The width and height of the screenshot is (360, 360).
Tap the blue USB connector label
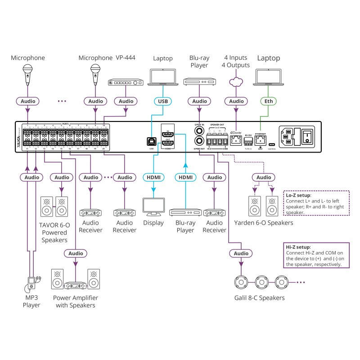click(x=162, y=102)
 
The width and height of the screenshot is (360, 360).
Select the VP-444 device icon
click(x=128, y=83)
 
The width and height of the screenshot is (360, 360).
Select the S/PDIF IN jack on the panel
click(x=199, y=131)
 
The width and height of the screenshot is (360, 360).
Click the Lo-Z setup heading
click(x=298, y=196)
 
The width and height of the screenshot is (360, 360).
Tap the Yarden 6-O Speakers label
click(x=264, y=223)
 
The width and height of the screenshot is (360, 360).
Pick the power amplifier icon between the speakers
click(x=76, y=285)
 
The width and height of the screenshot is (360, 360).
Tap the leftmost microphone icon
click(x=27, y=73)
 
